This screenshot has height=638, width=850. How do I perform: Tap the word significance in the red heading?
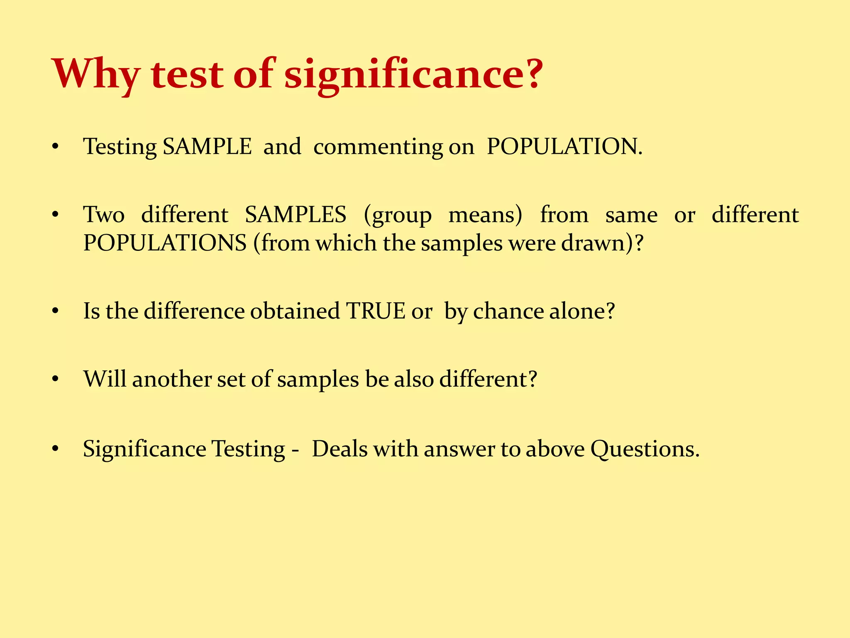coord(413,75)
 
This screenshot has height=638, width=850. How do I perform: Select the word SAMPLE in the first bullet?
coord(207,146)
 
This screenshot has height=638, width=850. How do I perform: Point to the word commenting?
coord(378,147)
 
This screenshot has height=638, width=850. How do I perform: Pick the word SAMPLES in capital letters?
coord(296,215)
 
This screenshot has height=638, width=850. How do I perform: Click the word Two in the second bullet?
coord(104,215)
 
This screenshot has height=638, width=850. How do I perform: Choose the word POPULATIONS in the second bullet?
coord(165,243)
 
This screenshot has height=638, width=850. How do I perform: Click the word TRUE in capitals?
coord(376,311)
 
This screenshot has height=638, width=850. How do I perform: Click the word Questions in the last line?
coord(645,449)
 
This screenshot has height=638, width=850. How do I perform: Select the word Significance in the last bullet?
coord(144,449)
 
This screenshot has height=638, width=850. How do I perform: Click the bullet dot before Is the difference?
coord(56,311)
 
